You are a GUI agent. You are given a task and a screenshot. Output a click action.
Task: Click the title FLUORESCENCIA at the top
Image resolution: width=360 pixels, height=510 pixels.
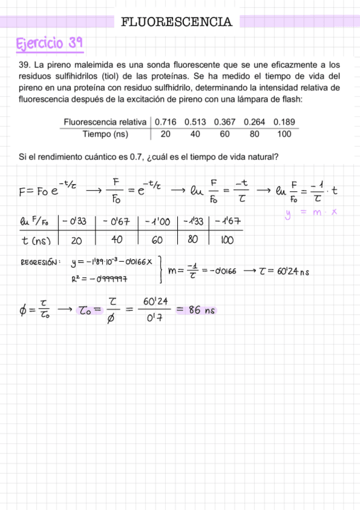click(176, 22)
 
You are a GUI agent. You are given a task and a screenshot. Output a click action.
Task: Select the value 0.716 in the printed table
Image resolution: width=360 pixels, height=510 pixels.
click(165, 122)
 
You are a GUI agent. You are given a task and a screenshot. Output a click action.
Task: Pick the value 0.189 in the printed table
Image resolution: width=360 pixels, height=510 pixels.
click(284, 122)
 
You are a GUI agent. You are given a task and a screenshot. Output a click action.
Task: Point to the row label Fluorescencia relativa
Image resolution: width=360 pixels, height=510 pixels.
click(105, 122)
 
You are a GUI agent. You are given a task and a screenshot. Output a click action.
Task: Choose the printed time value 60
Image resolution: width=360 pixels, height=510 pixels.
click(224, 134)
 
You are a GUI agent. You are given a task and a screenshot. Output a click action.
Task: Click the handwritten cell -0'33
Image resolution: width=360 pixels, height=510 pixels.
click(76, 221)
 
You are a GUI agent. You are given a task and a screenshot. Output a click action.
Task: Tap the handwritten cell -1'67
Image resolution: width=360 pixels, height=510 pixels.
click(226, 221)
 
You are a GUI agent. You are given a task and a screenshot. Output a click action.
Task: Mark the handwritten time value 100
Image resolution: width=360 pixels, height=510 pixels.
click(227, 240)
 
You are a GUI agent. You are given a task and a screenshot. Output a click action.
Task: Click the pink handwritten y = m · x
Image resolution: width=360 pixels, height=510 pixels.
click(310, 212)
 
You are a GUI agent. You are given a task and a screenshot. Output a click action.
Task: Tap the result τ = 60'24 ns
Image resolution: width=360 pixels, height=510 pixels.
click(284, 271)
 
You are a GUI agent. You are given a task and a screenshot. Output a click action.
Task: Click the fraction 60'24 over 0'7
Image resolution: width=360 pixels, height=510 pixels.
click(150, 311)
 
